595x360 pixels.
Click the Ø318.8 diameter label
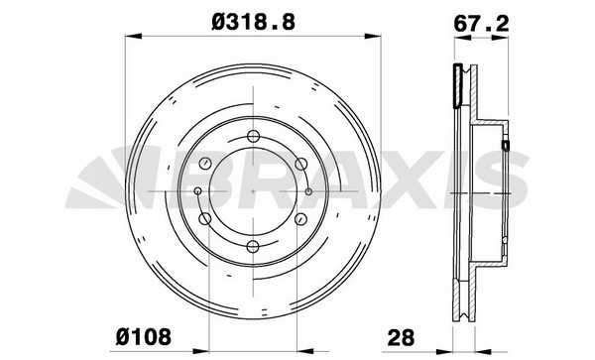253,22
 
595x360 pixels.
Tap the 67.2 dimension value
481,24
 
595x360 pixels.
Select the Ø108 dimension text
144,336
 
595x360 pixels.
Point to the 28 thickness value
401,337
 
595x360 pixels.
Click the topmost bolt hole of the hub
253,136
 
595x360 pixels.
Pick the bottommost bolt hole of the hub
253,247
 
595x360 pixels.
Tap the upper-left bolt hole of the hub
205,164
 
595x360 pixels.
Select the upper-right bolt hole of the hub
301,164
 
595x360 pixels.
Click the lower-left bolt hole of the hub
205,218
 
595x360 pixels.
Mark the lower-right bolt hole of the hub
301,219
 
